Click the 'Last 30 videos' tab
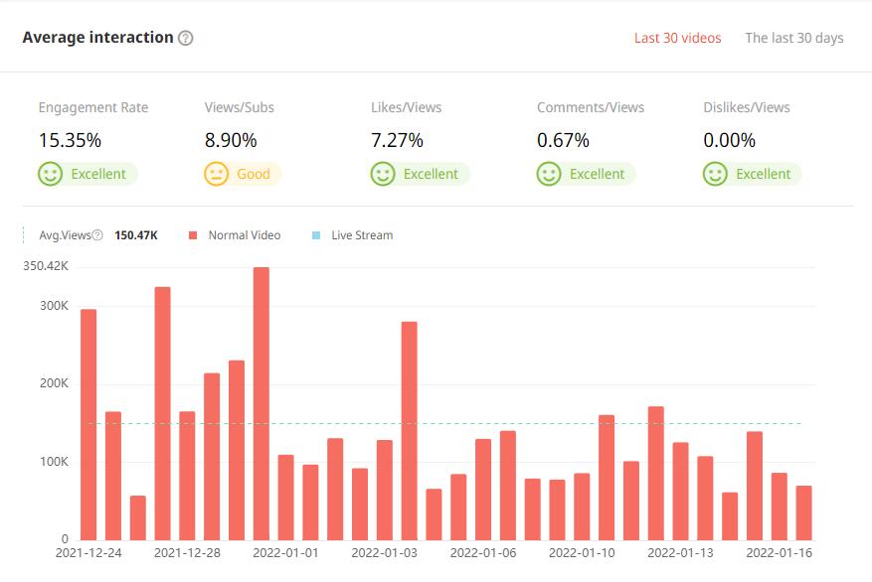[677, 38]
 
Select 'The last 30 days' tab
[793, 38]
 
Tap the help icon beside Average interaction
[185, 38]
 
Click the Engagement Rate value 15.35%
[70, 140]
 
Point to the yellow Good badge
[243, 174]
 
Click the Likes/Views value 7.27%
[397, 140]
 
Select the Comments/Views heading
[590, 107]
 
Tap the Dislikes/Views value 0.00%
[729, 140]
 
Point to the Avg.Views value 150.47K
[136, 235]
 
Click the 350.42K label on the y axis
[45, 266]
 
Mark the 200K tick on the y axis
[53, 383]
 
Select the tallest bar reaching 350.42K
[262, 403]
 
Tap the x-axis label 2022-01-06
[482, 552]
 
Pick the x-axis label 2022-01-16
[779, 552]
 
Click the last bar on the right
[803, 512]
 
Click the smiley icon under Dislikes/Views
[714, 174]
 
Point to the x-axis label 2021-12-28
[187, 552]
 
